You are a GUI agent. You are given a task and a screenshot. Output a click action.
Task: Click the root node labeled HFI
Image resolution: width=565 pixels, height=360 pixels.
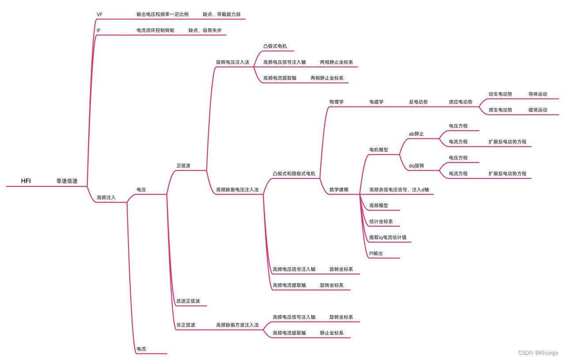point(26,181)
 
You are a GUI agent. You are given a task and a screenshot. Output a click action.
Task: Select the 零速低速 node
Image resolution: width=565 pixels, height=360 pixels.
point(67,181)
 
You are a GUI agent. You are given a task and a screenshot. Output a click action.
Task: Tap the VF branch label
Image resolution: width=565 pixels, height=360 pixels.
point(99,15)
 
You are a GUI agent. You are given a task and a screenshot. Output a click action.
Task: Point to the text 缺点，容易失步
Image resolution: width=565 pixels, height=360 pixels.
point(205,30)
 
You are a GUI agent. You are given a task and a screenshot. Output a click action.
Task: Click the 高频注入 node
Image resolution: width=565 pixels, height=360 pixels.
point(106,197)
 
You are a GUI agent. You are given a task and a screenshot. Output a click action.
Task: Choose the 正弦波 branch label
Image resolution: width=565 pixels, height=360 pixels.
point(183,166)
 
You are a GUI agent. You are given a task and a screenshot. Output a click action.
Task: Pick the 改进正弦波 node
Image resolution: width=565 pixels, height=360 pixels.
point(188,301)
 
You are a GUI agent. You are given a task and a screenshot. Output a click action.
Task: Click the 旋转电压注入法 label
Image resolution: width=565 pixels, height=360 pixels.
point(232,62)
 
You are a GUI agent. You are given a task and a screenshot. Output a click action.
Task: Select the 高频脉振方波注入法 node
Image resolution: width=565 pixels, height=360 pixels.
point(237,325)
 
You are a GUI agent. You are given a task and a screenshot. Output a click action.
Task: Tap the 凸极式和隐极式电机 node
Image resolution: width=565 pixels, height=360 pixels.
point(294,174)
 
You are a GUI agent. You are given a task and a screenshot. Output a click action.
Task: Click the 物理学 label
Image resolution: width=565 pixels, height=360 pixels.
point(336,102)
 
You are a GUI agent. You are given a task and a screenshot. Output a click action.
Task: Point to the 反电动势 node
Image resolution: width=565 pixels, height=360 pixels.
point(418,102)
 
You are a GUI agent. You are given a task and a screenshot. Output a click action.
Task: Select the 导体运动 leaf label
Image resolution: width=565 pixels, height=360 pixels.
point(538,94)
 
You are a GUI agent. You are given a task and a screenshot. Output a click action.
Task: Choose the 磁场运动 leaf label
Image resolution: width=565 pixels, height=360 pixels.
point(538,110)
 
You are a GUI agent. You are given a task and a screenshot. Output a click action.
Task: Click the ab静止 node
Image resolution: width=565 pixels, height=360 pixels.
point(416,134)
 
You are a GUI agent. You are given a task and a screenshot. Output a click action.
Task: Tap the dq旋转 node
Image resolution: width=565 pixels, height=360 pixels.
point(416,166)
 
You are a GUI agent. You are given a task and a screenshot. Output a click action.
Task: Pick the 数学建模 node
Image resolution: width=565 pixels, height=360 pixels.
point(339,189)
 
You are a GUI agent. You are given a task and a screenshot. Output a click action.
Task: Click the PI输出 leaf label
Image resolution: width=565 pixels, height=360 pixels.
point(376,254)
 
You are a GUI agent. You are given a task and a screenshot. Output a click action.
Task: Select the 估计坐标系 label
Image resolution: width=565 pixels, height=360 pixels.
point(381,222)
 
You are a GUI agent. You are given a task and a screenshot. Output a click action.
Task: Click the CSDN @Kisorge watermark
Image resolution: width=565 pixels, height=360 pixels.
point(538,352)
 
